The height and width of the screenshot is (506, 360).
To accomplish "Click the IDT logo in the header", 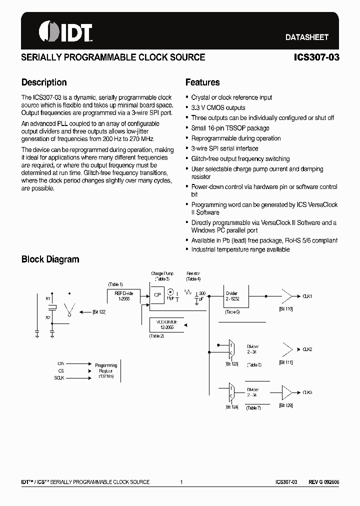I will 65,31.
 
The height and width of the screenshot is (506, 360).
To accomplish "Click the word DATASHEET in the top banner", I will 306,37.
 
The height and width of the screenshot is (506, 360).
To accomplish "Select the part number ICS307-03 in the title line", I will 317,57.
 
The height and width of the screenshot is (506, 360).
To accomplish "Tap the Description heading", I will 44,82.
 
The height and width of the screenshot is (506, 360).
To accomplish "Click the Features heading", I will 202,82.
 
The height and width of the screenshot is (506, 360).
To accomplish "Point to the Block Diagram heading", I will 50,259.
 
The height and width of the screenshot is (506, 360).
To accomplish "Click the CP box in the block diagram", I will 157,295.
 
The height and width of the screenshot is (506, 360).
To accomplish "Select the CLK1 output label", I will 307,296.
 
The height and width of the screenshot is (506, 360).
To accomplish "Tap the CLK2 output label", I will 307,349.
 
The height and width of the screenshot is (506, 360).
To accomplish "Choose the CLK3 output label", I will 307,392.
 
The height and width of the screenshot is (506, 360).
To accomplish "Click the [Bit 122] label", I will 99,311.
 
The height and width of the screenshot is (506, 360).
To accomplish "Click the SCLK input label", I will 59,378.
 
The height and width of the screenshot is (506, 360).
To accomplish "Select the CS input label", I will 61,371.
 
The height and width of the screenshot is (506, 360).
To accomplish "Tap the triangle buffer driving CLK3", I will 287,392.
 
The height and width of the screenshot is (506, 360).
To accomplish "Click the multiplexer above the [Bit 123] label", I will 231,348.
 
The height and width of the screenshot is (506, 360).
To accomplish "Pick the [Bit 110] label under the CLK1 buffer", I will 286,309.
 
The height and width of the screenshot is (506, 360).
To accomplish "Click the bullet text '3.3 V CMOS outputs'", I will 218,107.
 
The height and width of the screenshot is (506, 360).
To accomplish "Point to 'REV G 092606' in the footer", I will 323,482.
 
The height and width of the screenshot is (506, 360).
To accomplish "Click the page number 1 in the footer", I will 181,482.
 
